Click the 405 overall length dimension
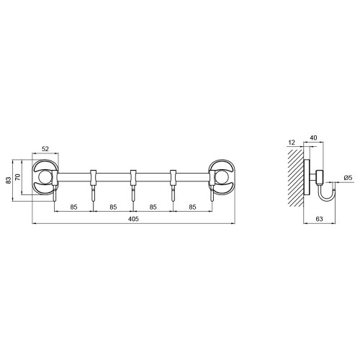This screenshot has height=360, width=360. click(x=133, y=219)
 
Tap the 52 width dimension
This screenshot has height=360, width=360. click(x=45, y=149)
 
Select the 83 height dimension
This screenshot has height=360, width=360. click(x=9, y=180)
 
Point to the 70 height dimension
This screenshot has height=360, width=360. click(x=18, y=177)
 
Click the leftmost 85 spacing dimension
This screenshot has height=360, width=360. click(x=73, y=207)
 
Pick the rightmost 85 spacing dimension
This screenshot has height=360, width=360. click(x=192, y=207)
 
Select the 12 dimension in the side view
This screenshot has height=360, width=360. click(x=292, y=143)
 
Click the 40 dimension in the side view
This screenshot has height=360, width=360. click(x=313, y=138)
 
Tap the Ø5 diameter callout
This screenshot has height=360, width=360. click(x=348, y=178)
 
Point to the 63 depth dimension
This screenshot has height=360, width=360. click(x=319, y=219)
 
